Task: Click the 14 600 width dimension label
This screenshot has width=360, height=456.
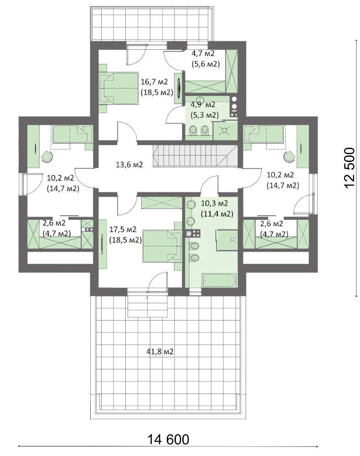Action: pos(168,440)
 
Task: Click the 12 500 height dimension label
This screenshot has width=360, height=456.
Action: pos(350,168)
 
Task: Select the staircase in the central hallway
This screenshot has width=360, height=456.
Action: pos(195,156)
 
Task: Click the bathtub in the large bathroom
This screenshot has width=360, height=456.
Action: pos(219,280)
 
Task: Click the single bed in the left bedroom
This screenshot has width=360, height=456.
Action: pos(72,134)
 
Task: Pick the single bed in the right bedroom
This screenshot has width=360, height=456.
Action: pos(264,134)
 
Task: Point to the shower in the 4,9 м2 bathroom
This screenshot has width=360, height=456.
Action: pos(224,130)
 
